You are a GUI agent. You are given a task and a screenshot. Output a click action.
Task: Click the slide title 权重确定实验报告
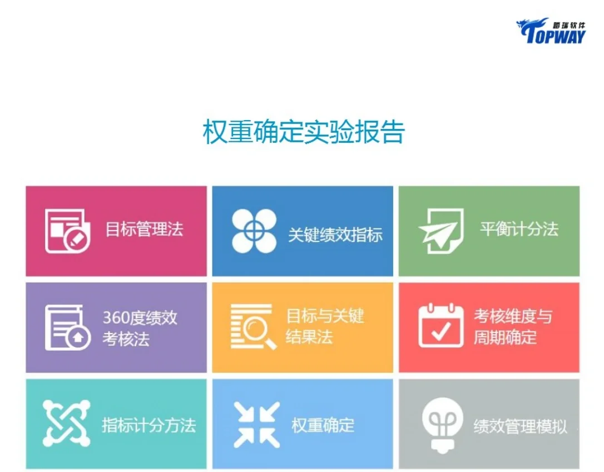[x=303, y=132]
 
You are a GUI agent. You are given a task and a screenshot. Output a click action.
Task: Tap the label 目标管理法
[x=144, y=229]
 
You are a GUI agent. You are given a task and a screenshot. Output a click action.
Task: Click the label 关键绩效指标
[x=335, y=235]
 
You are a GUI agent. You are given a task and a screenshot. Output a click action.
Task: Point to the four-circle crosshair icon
[x=254, y=231]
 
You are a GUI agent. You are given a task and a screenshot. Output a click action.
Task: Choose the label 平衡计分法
[x=518, y=229]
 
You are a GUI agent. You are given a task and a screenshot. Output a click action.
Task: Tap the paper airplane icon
[x=440, y=231]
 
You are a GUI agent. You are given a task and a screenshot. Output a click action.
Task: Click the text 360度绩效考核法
[x=140, y=328]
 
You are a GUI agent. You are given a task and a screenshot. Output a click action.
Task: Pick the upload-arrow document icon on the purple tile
[x=67, y=327]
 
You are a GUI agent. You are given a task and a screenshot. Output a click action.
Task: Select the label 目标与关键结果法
[x=325, y=327]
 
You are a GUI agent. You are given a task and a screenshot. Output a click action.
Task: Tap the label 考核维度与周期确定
[x=512, y=327]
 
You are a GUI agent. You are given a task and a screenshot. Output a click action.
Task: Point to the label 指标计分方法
[x=148, y=425]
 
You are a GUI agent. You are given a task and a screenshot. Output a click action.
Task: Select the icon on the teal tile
[x=66, y=424]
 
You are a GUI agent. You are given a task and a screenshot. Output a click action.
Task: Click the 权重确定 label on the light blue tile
[x=323, y=425]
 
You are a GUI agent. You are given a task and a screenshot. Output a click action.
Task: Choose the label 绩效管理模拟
[x=520, y=426]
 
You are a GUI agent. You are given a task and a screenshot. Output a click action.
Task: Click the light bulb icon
[x=442, y=424]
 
